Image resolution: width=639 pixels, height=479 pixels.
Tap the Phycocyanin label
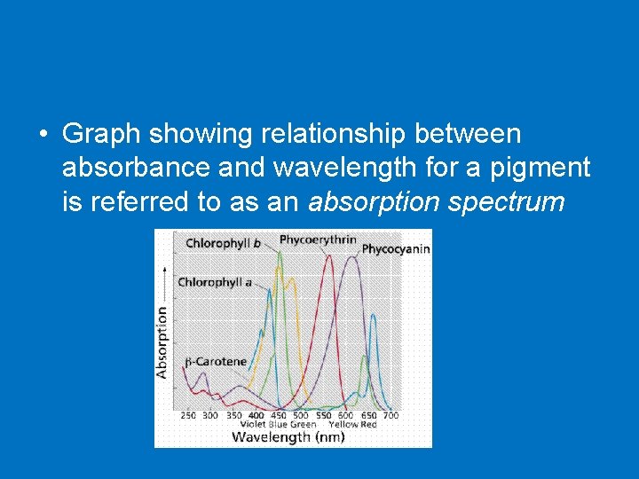[396, 249]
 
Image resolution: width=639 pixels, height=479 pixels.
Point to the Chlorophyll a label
[215, 282]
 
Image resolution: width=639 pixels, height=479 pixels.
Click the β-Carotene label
[216, 362]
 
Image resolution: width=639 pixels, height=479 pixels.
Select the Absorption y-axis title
[162, 342]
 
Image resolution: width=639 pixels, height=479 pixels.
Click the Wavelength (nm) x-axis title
[289, 436]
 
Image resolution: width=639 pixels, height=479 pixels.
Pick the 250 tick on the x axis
[188, 415]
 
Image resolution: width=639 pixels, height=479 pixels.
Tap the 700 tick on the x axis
[390, 415]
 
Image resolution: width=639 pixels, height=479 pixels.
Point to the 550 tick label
[324, 415]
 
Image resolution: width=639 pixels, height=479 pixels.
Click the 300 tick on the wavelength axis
[210, 415]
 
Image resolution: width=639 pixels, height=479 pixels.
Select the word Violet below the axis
[252, 425]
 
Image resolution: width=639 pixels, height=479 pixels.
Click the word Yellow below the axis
[343, 425]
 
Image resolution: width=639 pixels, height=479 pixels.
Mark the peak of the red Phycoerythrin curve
[329, 257]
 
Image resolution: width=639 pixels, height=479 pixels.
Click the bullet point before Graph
[43, 135]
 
